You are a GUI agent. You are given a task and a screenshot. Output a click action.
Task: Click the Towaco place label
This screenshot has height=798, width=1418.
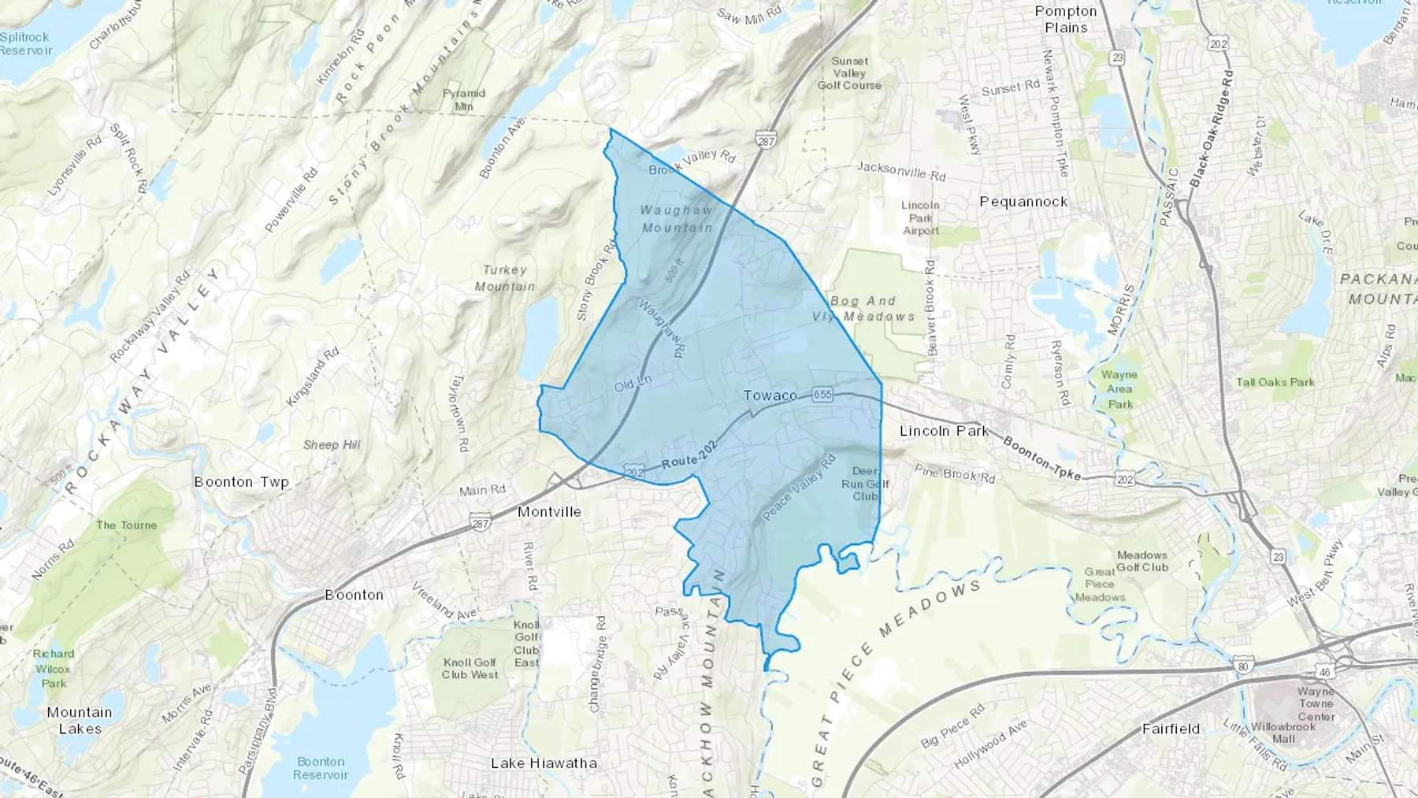(x=770, y=395)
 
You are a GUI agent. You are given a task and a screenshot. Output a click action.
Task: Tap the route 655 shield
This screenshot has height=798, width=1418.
(x=822, y=394)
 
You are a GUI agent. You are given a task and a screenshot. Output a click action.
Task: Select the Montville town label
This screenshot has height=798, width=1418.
(x=549, y=512)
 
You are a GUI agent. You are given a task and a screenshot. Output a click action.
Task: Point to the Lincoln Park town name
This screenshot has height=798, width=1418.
(x=944, y=431)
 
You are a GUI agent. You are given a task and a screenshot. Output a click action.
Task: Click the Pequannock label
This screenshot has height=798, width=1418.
(x=1023, y=202)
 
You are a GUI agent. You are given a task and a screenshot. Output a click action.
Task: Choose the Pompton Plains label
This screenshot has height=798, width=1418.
(x=1066, y=20)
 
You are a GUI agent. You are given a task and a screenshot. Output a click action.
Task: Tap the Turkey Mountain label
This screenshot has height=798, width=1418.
(x=504, y=278)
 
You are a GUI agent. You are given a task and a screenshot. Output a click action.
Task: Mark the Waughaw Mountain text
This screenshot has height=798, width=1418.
(x=677, y=219)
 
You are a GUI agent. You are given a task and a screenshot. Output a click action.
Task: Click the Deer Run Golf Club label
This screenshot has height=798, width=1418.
(x=865, y=484)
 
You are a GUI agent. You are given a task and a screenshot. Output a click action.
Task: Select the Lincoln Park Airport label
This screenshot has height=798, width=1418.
(x=920, y=217)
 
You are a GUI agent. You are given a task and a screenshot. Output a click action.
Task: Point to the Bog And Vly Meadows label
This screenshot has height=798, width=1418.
(x=863, y=309)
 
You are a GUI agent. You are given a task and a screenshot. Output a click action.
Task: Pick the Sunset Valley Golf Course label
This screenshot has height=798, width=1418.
(x=849, y=73)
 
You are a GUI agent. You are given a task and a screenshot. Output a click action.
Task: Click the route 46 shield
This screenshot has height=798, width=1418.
(x=1324, y=672)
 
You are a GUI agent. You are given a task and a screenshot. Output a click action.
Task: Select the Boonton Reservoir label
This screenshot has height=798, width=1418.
(x=321, y=768)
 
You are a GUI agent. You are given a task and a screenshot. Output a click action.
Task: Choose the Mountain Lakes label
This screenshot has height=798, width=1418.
(x=80, y=720)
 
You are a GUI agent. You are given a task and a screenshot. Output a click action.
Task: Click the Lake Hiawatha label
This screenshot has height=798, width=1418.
(x=544, y=763)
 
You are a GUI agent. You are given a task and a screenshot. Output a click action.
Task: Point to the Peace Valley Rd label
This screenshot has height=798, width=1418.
(x=798, y=488)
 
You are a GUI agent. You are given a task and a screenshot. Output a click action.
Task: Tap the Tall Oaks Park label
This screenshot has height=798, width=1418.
(x=1275, y=382)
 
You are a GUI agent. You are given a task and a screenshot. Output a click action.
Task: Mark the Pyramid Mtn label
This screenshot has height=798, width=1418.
(x=463, y=99)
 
